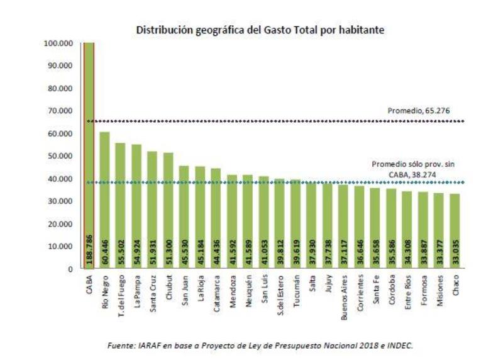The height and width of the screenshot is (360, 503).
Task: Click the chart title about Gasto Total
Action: (261, 30)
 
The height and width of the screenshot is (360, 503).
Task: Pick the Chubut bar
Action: (168, 208)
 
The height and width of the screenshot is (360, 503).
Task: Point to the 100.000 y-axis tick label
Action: (58, 43)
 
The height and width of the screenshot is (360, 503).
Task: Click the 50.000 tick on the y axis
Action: (60, 156)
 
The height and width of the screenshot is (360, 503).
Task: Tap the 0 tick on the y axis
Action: (71, 269)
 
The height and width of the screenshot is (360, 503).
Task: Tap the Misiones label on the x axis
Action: (438, 288)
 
